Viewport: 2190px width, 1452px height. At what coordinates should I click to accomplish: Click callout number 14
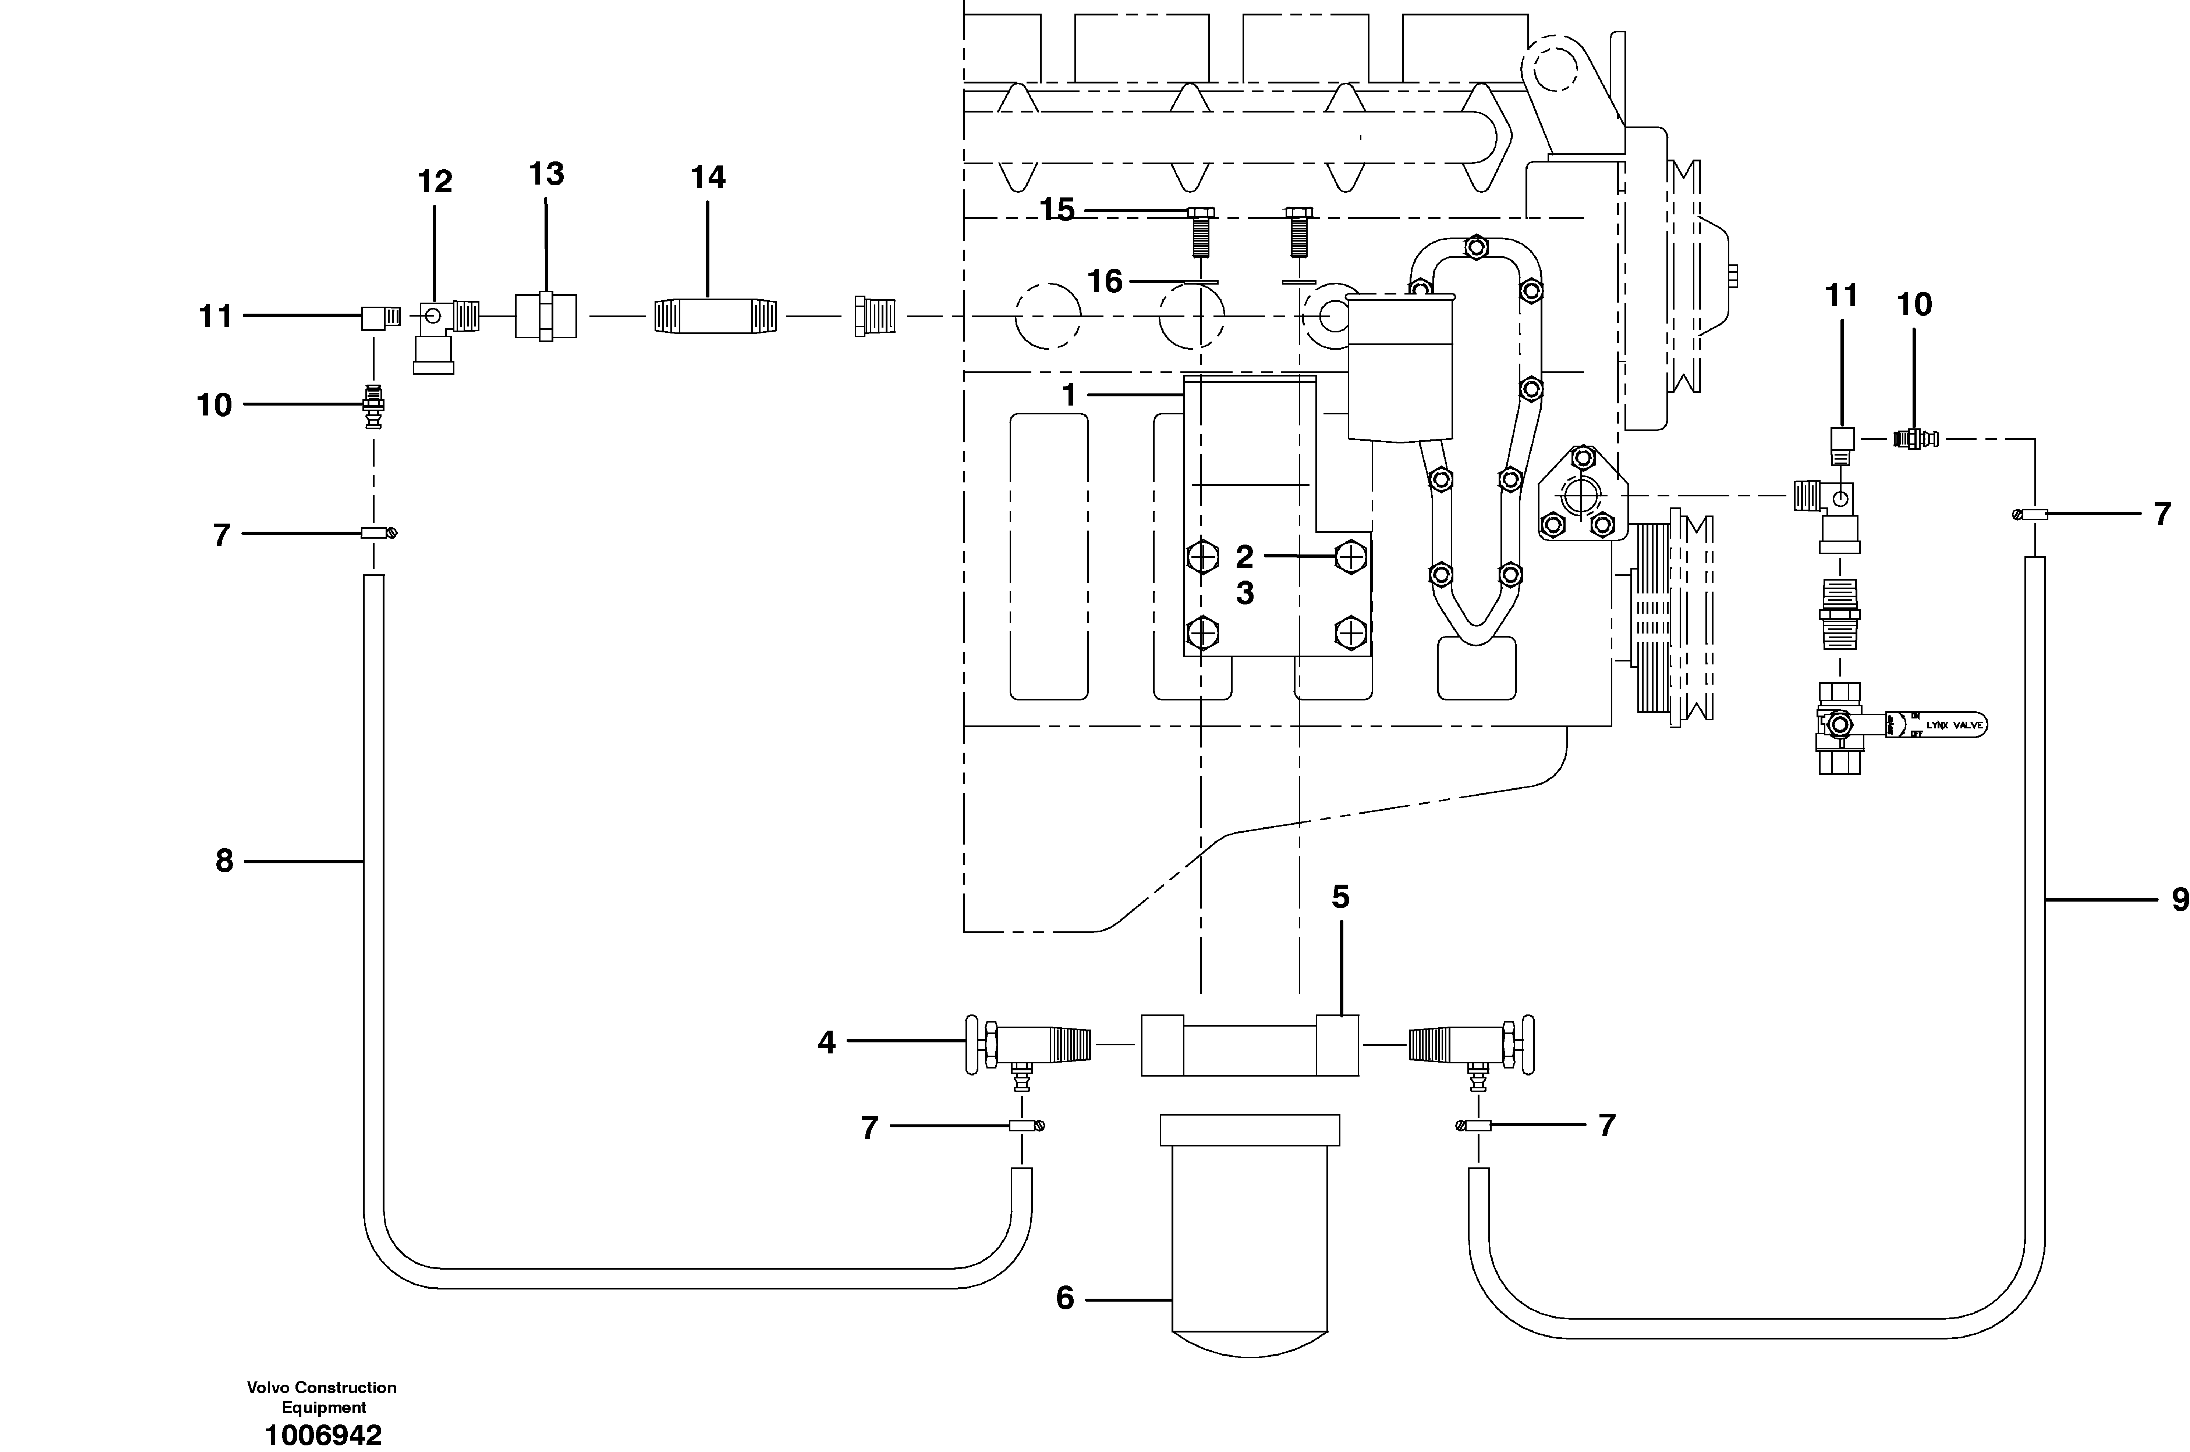point(708,177)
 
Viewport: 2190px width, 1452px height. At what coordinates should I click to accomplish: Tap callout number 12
point(435,182)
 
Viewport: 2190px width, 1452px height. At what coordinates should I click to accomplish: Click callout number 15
point(1057,210)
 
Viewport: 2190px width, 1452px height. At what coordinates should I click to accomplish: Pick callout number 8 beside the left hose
point(224,861)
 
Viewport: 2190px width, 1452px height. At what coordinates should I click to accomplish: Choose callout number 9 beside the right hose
point(2180,899)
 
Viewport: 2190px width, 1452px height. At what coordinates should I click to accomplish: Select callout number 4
point(826,1043)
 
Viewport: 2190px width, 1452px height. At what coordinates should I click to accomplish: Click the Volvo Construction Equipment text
point(322,1397)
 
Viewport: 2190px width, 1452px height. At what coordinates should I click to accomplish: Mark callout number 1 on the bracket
point(1069,395)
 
